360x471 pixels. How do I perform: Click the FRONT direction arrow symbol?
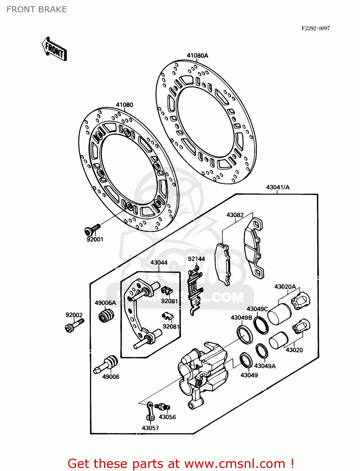pos(54,50)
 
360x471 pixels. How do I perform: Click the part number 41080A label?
pos(197,56)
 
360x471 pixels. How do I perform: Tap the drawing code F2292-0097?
pos(315,28)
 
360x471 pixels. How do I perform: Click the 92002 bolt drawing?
pos(74,325)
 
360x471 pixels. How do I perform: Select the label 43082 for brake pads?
pos(235,215)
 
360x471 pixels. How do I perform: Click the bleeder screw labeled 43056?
pos(163,407)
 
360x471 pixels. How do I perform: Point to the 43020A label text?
pos(285,286)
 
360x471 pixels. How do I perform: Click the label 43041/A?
pos(278,187)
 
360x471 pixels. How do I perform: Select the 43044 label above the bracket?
pos(159,262)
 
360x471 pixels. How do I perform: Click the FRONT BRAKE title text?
pos(37,9)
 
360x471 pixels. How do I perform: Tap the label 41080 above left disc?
pos(124,105)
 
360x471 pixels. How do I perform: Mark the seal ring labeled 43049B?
pos(244,334)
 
